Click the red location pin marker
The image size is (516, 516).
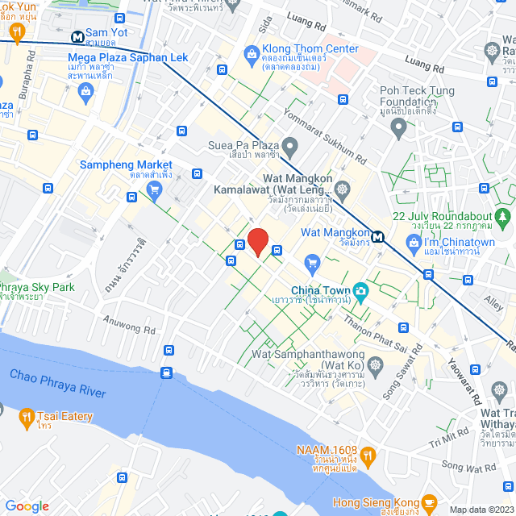click(x=257, y=241)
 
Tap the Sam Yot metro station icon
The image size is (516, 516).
click(x=77, y=36)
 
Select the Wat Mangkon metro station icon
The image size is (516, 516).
click(x=378, y=238)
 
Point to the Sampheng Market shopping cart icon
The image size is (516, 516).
click(x=153, y=190)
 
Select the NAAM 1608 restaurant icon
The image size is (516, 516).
click(x=368, y=456)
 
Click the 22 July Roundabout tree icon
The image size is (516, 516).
click(x=502, y=217)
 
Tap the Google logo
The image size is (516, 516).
click(x=27, y=506)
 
